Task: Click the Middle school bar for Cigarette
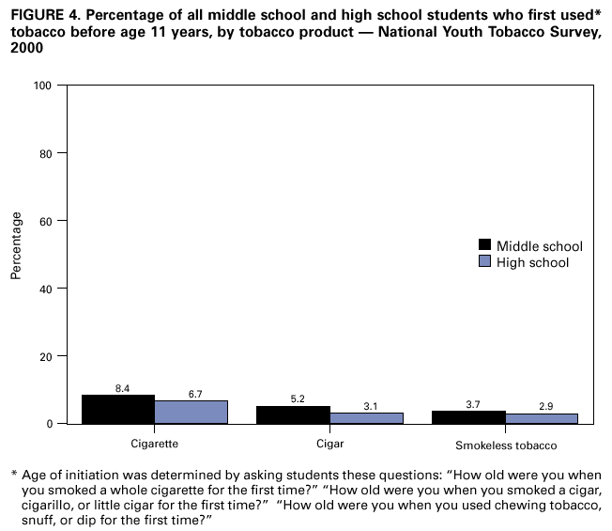118,409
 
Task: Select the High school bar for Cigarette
191,412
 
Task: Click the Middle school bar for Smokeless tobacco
469,417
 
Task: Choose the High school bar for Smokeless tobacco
543,418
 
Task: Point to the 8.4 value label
122,387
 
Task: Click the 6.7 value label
195,394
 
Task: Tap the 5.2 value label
298,398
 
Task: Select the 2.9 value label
545,406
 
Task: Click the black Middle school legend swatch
485,246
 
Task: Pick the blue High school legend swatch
485,262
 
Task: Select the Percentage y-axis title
16,246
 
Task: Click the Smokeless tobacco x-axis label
506,444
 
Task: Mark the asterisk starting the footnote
14,473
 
